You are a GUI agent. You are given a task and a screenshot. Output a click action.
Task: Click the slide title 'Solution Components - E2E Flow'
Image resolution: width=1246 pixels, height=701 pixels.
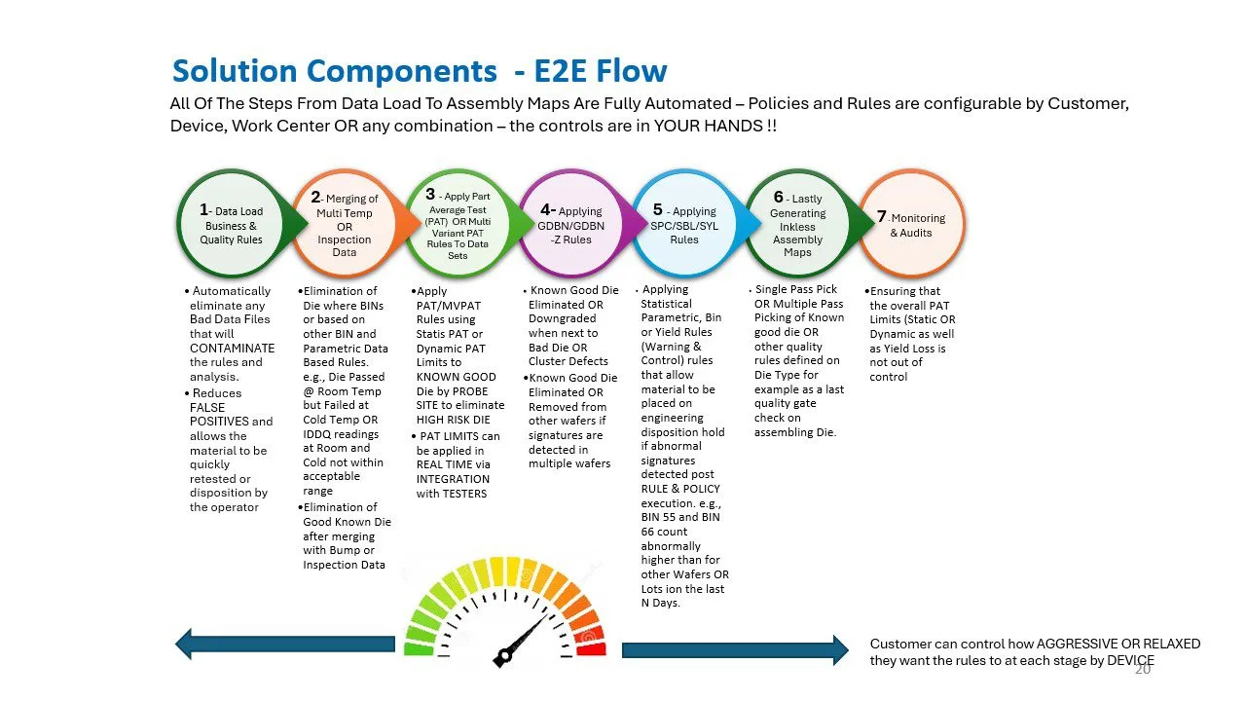pyautogui.click(x=420, y=71)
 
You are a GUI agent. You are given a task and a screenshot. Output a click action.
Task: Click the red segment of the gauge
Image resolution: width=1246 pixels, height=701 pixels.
pyautogui.click(x=590, y=648)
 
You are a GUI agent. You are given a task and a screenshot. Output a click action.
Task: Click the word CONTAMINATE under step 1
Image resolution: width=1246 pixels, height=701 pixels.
pyautogui.click(x=232, y=348)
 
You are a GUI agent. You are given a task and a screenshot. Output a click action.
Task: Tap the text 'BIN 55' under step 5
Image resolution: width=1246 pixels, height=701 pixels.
pyautogui.click(x=661, y=517)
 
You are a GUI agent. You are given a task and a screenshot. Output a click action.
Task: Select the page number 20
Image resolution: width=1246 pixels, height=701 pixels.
pyautogui.click(x=1142, y=670)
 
